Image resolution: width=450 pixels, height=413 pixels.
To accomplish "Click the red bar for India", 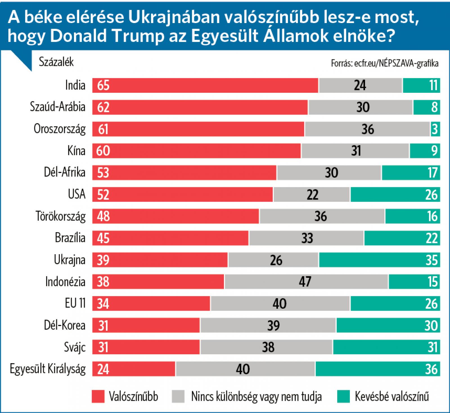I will point(205,85).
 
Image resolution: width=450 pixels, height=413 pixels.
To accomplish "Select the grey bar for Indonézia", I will point(306,281).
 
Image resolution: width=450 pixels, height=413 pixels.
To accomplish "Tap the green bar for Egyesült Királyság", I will point(377,369).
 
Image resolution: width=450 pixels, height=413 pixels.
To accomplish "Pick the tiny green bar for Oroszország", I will point(435,129).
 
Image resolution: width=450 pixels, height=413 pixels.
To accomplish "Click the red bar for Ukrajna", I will point(160,260).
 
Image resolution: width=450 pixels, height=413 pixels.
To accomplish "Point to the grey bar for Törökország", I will point(322,216).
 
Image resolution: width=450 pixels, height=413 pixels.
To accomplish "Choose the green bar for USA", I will point(395,195).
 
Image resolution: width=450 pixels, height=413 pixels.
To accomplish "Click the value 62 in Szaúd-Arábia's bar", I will point(103,107).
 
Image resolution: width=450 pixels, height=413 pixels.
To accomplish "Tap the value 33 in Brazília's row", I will point(307,238).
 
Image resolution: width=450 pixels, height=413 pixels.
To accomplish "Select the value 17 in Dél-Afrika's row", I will point(433,173).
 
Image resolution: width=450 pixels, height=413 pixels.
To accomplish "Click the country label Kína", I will point(76,151).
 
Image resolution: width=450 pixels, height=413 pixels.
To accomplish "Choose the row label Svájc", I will point(75,347).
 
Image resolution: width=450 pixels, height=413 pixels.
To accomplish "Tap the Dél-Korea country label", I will point(65,325).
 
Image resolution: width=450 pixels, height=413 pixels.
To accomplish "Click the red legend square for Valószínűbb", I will point(98,396).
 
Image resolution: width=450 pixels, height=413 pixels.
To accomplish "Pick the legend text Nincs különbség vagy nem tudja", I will point(256,397).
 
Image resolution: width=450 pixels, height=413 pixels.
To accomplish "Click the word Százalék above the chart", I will point(56,62).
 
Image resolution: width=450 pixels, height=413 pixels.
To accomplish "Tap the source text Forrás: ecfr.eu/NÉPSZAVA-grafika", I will point(384,63).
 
